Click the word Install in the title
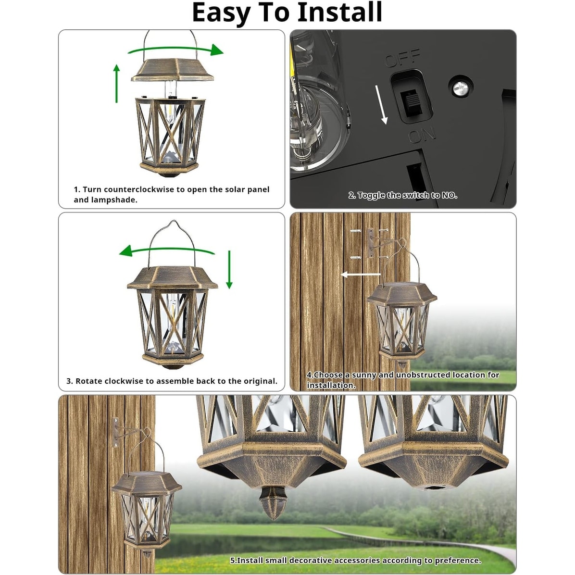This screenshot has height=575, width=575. pyautogui.click(x=339, y=12)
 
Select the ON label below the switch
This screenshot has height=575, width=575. pyautogui.click(x=422, y=135)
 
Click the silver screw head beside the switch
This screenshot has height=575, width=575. pyautogui.click(x=460, y=85)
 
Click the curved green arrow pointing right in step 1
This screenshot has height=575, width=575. pyautogui.click(x=175, y=50)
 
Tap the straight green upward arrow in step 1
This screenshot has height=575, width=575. pyautogui.click(x=116, y=84)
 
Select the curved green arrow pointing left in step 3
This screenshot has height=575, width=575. pyautogui.click(x=166, y=250)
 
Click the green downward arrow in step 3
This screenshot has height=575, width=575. pyautogui.click(x=229, y=269)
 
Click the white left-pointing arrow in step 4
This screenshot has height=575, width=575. pyautogui.click(x=360, y=275)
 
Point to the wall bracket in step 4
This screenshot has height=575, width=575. pyautogui.click(x=371, y=244)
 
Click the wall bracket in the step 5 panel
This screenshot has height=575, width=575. pyautogui.click(x=116, y=432)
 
